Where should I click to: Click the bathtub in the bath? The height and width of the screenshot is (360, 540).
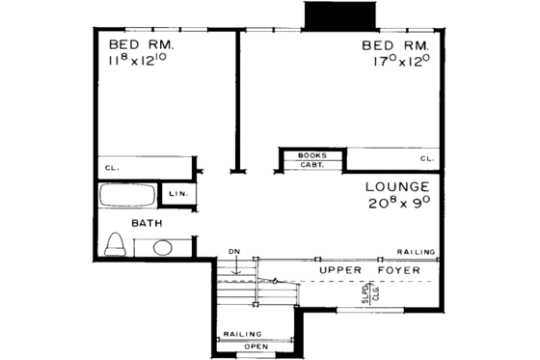[x=127, y=197]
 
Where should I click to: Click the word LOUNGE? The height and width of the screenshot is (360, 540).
[x=397, y=186]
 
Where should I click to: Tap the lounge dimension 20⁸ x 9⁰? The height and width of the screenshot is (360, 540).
[x=397, y=204]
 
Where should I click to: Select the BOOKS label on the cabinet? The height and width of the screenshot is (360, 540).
[x=311, y=155]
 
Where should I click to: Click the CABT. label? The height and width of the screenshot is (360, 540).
[x=311, y=165]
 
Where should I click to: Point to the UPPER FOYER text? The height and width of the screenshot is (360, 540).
[x=370, y=271]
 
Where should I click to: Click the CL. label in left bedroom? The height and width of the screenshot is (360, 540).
[x=112, y=167]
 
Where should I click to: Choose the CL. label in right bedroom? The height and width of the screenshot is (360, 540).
[x=425, y=157]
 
